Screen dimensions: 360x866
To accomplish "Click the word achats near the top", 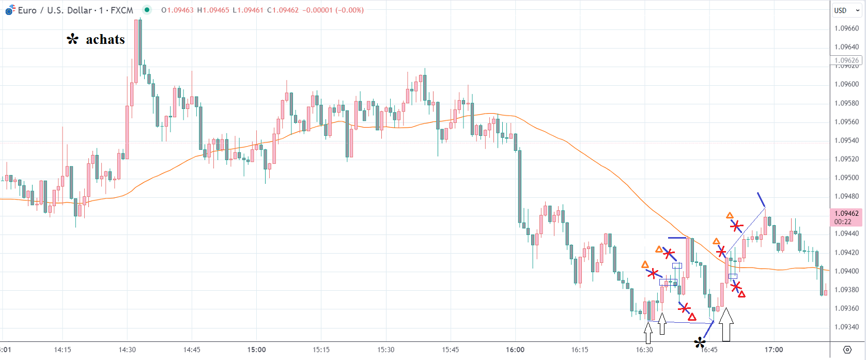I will tap(105, 40).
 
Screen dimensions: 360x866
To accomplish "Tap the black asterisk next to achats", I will tap(73, 39).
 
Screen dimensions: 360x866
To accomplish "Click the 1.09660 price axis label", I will tap(847, 28).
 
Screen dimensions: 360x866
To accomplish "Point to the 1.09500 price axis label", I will tap(847, 178).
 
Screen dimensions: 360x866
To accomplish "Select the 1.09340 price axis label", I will tap(847, 327).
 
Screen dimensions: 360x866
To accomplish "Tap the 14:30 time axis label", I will tap(127, 350).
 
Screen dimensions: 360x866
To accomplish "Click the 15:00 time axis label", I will tap(256, 350).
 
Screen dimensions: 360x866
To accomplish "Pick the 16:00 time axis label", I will tap(515, 350).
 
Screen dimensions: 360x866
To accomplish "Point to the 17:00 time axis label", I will tap(774, 350).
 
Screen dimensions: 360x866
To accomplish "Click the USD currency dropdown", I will tap(846, 10).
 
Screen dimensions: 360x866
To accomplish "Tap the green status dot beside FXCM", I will tap(147, 10).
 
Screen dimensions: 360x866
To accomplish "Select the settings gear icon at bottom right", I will tap(847, 350).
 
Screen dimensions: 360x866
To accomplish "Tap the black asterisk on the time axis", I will tap(700, 342).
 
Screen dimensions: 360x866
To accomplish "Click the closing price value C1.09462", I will tap(283, 10).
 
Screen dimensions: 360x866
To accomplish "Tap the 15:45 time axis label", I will tap(451, 350).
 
